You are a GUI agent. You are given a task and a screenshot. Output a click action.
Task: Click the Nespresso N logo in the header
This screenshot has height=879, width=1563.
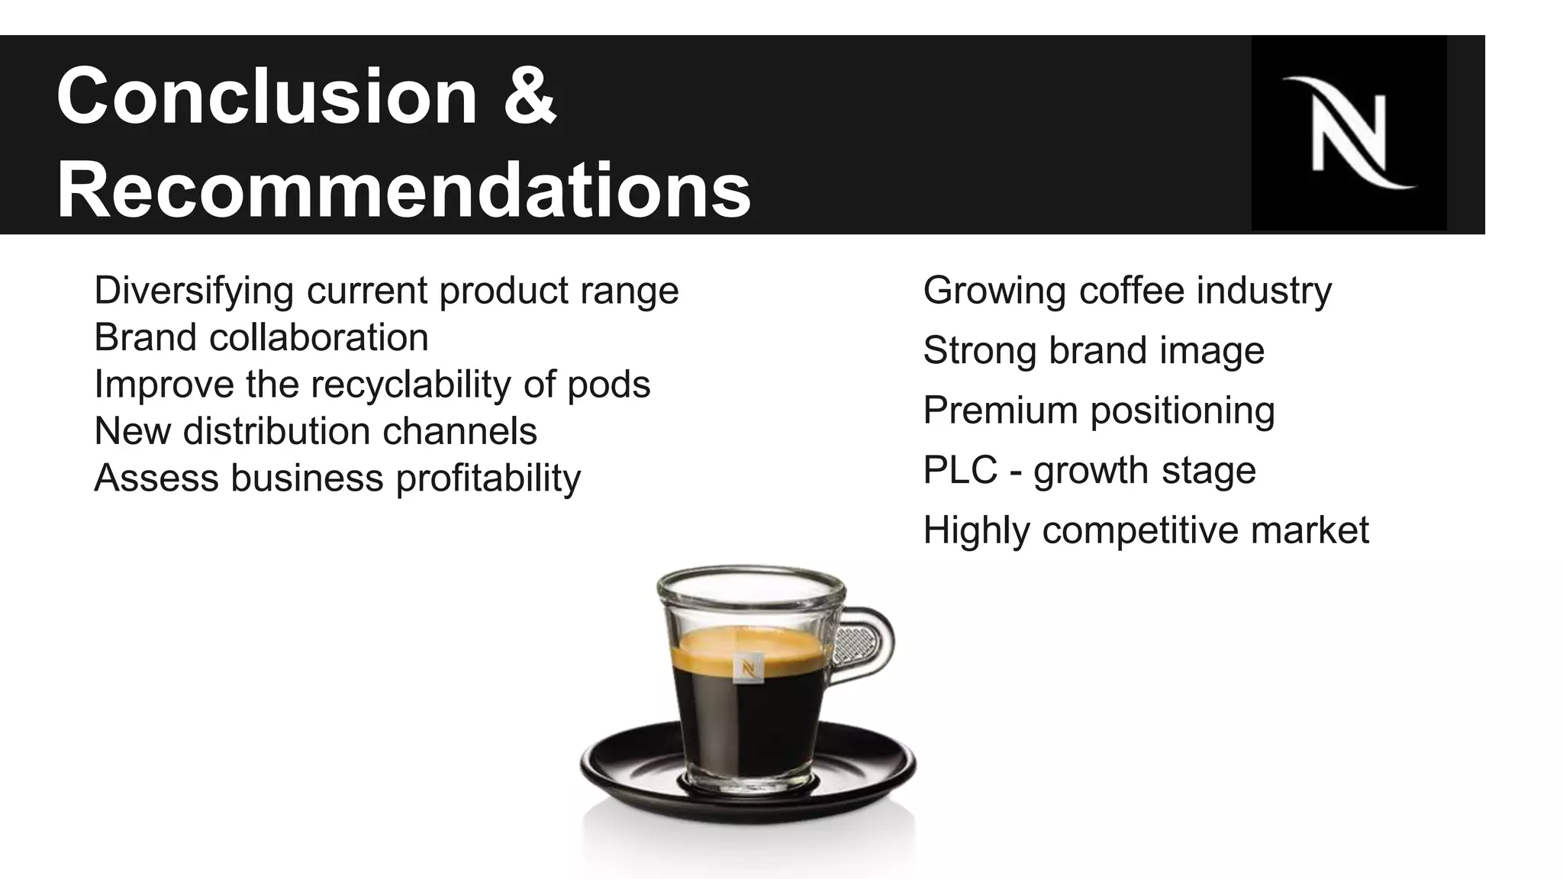(x=1348, y=134)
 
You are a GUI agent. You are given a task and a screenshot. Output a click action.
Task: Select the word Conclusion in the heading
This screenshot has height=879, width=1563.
(x=266, y=96)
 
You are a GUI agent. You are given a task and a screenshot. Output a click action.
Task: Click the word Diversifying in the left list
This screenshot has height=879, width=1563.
(x=194, y=291)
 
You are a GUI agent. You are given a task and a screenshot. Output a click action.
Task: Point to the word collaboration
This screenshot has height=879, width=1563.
(x=318, y=337)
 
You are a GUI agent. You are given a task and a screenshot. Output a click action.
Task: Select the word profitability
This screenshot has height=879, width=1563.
(x=488, y=478)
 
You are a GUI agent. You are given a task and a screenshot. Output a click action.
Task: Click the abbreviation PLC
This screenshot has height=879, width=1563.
(x=959, y=469)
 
